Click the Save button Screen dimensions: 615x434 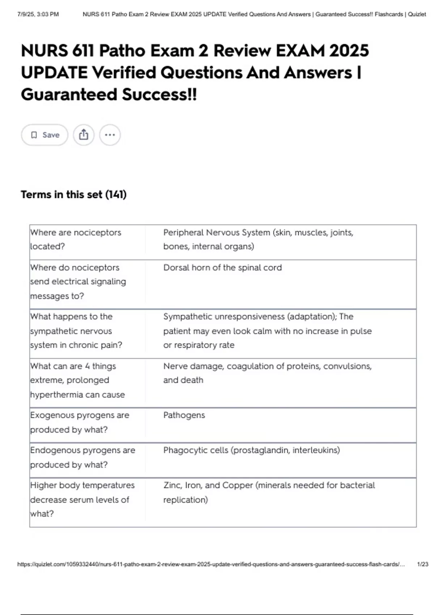(44, 135)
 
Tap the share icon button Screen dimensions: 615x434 (84, 135)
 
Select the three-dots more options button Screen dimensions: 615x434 (110, 135)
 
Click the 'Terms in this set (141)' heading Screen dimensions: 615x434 (73, 195)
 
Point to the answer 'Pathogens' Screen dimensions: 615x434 (184, 415)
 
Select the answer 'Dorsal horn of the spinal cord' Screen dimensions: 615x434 (222, 267)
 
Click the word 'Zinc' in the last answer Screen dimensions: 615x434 (172, 485)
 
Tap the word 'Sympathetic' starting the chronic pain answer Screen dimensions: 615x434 (187, 317)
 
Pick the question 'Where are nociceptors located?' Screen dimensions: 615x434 (76, 239)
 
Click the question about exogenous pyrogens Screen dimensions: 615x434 (80, 422)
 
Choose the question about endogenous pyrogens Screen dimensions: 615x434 (82, 457)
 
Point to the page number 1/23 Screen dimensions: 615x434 (422, 564)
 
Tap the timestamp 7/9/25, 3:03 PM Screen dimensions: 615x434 (38, 14)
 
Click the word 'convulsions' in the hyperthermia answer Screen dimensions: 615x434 (347, 366)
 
